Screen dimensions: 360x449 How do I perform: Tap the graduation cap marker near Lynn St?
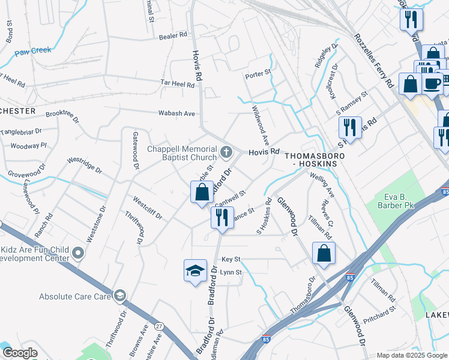pyautogui.click(x=196, y=271)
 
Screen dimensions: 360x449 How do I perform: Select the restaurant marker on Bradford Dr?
pyautogui.click(x=222, y=218)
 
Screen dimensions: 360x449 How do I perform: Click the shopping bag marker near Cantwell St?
pyautogui.click(x=202, y=193)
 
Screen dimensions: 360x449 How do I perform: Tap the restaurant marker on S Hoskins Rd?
pyautogui.click(x=350, y=127)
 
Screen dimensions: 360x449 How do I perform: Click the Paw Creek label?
pyautogui.click(x=34, y=50)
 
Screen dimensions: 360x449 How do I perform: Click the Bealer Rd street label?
pyautogui.click(x=173, y=37)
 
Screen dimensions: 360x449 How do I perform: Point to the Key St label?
pyautogui.click(x=231, y=259)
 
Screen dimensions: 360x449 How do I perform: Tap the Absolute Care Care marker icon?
pyautogui.click(x=121, y=296)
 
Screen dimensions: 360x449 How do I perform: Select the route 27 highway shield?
pyautogui.click(x=159, y=326)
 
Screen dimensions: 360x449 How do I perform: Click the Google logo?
pyautogui.click(x=20, y=352)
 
